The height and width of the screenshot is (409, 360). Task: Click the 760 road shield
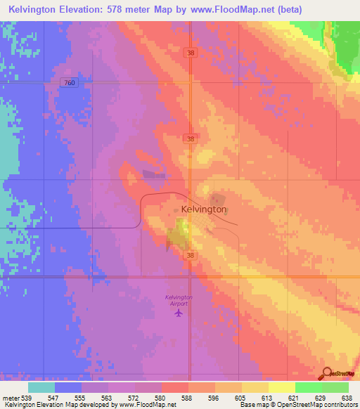tap(69, 82)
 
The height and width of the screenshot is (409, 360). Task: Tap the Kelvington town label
tap(204, 209)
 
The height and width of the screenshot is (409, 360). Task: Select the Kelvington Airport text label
tap(179, 299)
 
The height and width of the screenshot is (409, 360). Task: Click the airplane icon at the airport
tap(179, 312)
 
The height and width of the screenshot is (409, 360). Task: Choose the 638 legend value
tap(347, 398)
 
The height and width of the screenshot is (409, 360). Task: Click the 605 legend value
tap(240, 398)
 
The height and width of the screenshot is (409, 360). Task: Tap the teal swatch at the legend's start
tap(41, 387)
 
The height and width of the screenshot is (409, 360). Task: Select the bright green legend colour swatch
tap(308, 387)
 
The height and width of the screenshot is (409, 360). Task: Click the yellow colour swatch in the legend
tap(281, 387)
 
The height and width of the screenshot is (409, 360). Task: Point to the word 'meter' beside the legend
tap(10, 398)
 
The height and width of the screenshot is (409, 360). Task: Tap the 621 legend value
tap(294, 398)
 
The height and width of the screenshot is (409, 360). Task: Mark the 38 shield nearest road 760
tap(191, 53)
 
